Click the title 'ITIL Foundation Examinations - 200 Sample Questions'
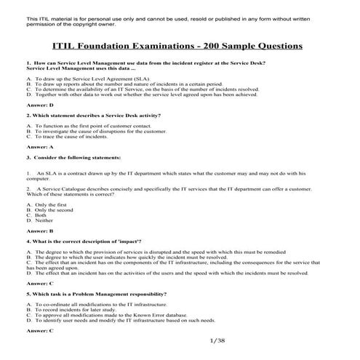click(x=179, y=46)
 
